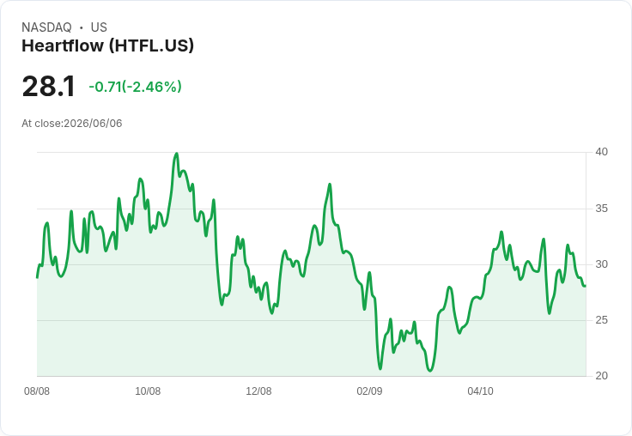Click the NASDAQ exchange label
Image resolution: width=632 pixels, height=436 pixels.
46,27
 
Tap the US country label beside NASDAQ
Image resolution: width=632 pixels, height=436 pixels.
99,27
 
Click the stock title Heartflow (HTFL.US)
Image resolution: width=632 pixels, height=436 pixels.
107,45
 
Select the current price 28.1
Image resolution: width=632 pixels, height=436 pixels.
49,86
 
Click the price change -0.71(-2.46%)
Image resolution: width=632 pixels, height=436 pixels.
135,87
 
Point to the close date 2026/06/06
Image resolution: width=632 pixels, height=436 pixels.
93,124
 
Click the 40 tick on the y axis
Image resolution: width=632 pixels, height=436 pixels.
601,152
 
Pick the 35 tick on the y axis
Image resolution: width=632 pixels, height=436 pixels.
601,209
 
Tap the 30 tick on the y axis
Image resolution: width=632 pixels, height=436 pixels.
601,264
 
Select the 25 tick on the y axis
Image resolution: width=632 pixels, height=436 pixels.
601,320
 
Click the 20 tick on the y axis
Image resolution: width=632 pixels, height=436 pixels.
601,376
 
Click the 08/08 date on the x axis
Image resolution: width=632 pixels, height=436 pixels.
37,391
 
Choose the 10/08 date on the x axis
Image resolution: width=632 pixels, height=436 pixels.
148,391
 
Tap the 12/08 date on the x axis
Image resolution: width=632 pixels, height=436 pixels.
258,391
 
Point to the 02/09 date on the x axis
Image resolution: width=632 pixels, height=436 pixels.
369,391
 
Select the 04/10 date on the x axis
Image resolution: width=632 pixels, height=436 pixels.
480,391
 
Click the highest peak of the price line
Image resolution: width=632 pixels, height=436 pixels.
177,153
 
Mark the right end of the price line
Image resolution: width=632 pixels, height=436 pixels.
586,286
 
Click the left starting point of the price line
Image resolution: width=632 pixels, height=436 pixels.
37,277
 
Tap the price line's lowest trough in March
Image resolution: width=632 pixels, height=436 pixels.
430,371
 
